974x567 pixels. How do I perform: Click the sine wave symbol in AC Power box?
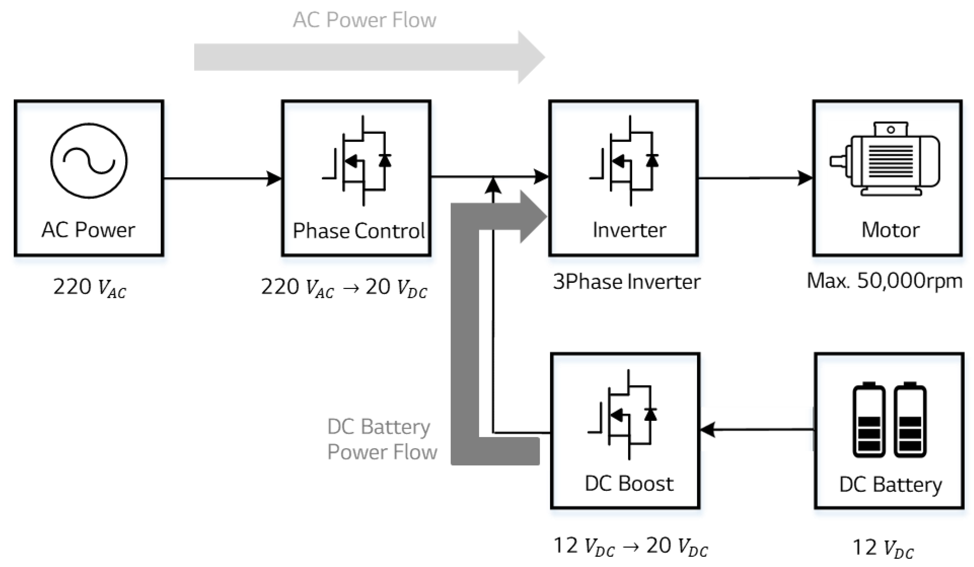[89, 160]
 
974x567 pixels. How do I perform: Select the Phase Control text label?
[359, 231]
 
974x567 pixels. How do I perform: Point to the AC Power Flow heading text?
[364, 20]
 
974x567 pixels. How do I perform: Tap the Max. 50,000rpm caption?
[884, 281]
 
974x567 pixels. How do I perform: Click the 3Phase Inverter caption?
[626, 282]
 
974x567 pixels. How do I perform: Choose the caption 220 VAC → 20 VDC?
[344, 288]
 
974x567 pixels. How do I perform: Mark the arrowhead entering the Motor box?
[805, 178]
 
